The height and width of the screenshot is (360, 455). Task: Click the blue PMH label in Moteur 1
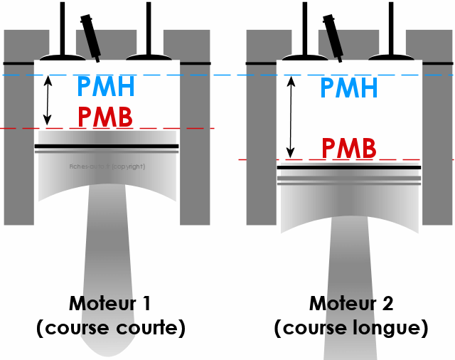(x=105, y=88)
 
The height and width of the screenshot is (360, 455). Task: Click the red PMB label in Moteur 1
(x=105, y=116)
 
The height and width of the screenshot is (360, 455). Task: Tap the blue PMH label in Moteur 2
(x=348, y=88)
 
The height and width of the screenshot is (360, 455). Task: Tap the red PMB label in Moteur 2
(x=348, y=148)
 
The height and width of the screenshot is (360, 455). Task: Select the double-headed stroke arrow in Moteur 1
(x=48, y=101)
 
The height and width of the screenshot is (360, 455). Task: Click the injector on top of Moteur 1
(x=91, y=34)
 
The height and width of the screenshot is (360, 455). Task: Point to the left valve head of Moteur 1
(x=62, y=55)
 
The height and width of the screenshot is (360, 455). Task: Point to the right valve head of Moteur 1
(x=147, y=55)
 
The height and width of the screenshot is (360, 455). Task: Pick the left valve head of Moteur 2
(x=304, y=55)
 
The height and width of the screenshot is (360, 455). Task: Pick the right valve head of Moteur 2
(x=390, y=55)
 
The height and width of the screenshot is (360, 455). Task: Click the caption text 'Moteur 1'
(x=109, y=303)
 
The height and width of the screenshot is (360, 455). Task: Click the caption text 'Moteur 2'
(x=351, y=303)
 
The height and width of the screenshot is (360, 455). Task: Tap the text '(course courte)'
(x=110, y=328)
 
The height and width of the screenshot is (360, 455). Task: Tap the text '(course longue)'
(x=351, y=328)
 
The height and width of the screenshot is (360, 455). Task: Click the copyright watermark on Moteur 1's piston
(x=107, y=166)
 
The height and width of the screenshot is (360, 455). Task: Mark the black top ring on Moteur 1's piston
(x=106, y=146)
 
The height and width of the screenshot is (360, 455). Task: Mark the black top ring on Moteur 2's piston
(x=348, y=168)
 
